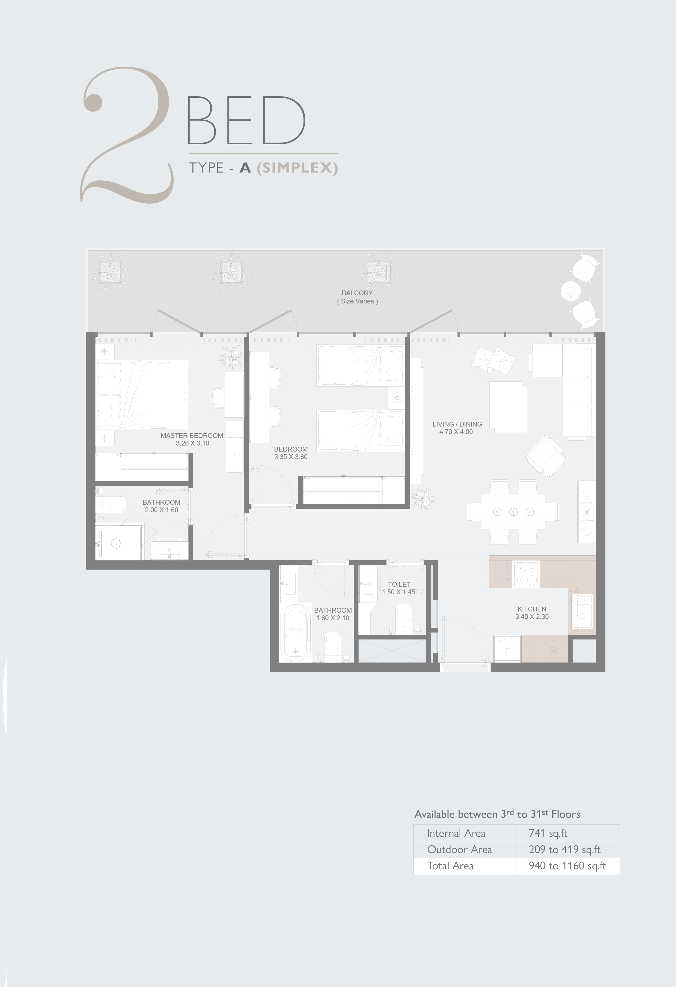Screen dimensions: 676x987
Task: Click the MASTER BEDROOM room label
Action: [x=192, y=435]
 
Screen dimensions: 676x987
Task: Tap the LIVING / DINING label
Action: [x=457, y=424]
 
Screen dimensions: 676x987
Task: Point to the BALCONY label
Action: [x=357, y=293]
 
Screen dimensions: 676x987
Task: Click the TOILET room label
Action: [x=399, y=584]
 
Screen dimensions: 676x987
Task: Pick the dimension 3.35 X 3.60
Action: [x=291, y=457]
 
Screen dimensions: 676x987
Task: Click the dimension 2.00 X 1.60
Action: [x=161, y=510]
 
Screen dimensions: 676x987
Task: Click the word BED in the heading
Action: [x=246, y=120]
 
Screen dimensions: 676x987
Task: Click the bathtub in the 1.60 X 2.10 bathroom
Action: [x=296, y=633]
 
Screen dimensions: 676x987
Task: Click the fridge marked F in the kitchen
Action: [x=507, y=649]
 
